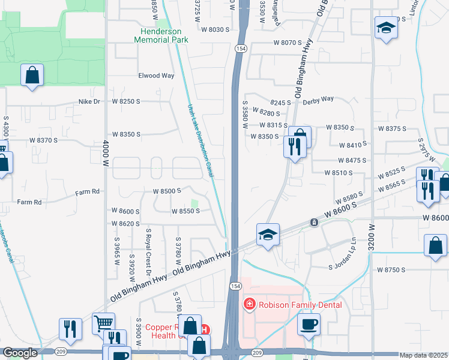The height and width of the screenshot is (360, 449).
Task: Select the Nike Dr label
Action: pos(89,101)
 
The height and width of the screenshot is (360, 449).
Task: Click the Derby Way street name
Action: pos(318,99)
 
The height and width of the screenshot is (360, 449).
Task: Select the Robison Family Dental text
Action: pos(300,305)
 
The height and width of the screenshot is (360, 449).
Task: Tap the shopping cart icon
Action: pos(103,323)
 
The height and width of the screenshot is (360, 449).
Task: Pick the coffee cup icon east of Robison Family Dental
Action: pos(309,324)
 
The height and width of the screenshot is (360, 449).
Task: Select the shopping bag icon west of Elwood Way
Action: pos(32,76)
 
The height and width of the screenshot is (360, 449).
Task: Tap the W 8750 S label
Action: pos(391,270)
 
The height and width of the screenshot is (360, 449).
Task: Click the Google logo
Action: pos(20,353)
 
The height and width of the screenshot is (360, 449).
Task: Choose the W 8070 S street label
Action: pos(287,43)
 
